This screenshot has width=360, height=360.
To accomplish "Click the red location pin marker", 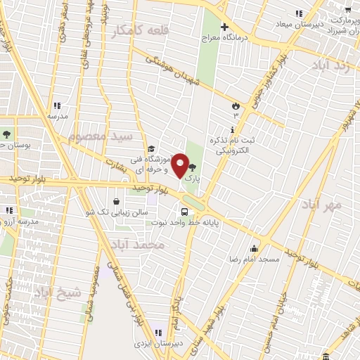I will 180,165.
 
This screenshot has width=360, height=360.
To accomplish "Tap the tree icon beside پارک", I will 193,167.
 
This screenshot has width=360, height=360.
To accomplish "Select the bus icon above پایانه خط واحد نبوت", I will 184,212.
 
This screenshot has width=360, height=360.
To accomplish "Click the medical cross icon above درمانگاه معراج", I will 224,28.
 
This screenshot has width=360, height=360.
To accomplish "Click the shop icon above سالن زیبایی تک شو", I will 116,201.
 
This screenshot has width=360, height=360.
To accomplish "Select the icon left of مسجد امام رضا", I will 253,247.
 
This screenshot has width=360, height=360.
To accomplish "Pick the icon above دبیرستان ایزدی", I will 159,333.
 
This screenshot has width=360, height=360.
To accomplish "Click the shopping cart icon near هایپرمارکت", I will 347,9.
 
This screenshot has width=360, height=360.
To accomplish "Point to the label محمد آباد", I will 139,244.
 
